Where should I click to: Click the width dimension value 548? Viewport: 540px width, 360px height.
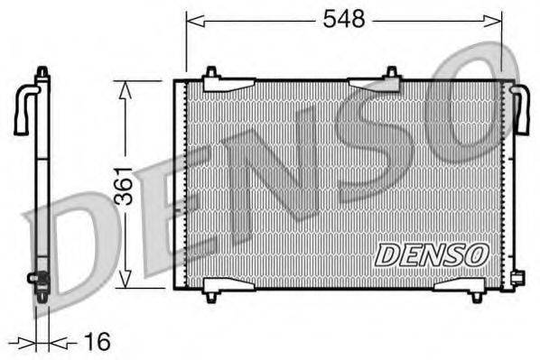(x=344, y=19)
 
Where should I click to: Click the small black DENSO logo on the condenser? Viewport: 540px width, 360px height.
(x=431, y=254)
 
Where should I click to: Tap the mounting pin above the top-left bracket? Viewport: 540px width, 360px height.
(x=210, y=71)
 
